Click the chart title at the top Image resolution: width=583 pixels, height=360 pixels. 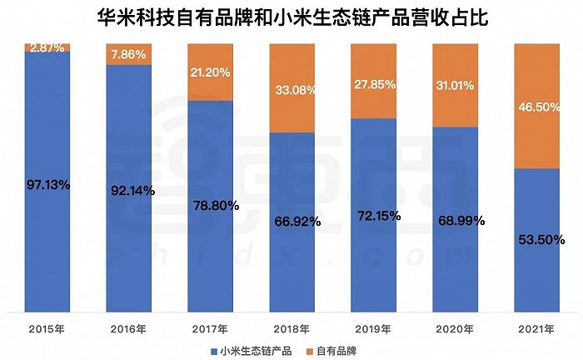tap(291, 16)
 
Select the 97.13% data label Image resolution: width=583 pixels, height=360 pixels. tap(47, 185)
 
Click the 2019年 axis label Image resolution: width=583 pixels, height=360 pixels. tap(374, 327)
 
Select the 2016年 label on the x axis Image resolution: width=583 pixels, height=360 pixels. tap(129, 327)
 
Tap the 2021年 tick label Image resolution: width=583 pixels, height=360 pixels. tap(537, 327)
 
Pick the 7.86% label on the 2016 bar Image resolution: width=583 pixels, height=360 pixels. tap(129, 56)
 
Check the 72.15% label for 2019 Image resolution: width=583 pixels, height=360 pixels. tap(374, 215)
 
